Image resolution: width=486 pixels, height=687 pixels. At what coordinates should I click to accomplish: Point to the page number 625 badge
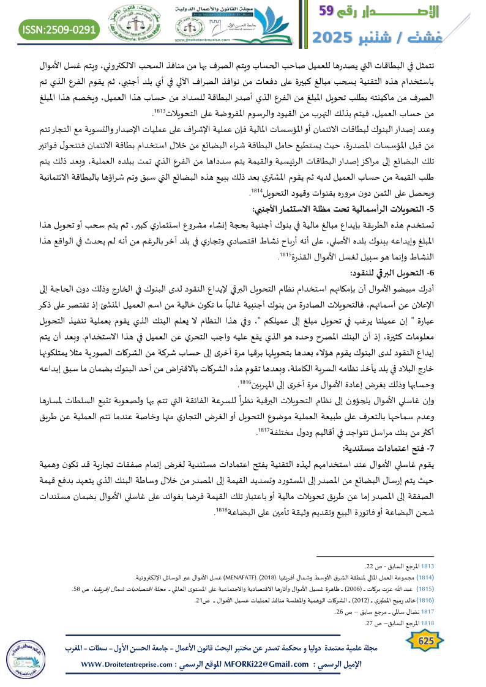(x=421, y=641)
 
